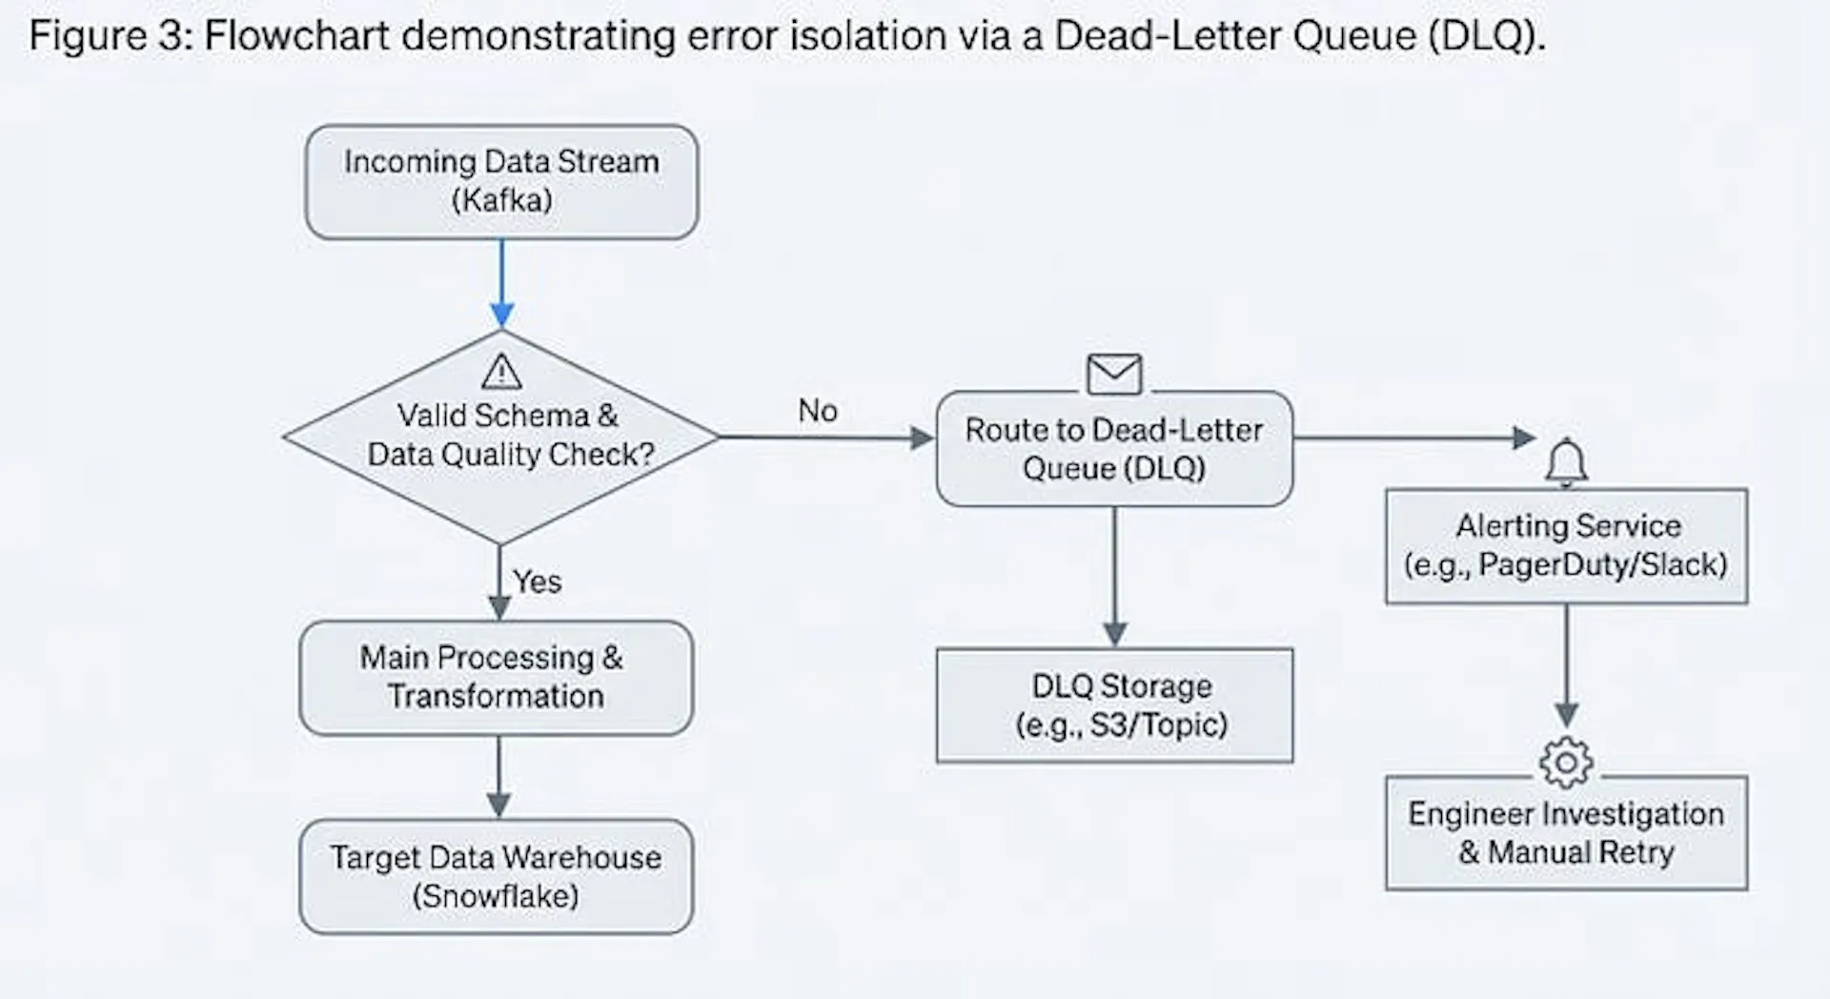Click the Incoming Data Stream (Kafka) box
tap(501, 181)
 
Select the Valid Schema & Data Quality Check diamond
tap(501, 438)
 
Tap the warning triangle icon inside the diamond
tap(501, 372)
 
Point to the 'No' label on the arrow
tap(818, 411)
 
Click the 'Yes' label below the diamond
tap(538, 581)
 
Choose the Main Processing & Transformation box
tap(496, 678)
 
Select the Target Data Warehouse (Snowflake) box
tap(496, 877)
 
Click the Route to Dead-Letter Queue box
tap(1114, 449)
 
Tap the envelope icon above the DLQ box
tap(1114, 374)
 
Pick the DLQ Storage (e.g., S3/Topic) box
tap(1114, 705)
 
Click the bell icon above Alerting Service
tap(1566, 462)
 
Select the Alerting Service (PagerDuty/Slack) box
tap(1566, 546)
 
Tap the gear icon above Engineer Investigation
tap(1566, 762)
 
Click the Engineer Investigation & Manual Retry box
tap(1566, 833)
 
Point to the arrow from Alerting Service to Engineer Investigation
tap(1566, 666)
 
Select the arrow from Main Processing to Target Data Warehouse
tap(498, 777)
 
